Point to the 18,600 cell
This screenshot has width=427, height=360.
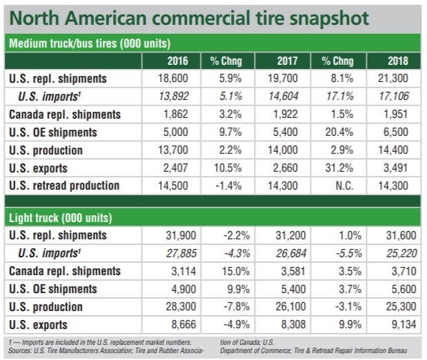[x=181, y=79]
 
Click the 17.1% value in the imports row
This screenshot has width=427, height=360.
[x=339, y=97]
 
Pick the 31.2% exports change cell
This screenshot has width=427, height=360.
[x=339, y=168]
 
